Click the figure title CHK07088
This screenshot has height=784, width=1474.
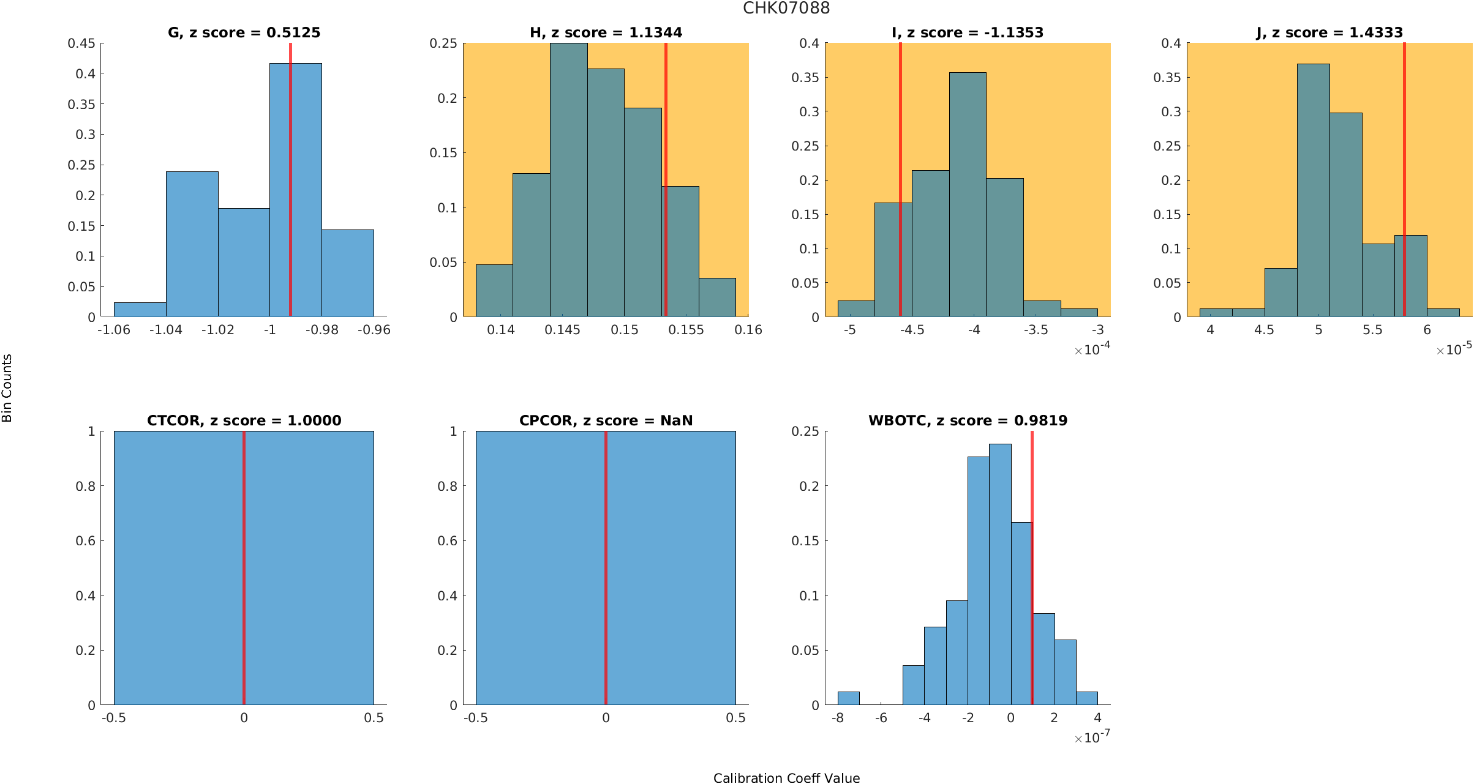point(786,9)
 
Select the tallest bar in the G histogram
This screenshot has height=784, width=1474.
point(295,190)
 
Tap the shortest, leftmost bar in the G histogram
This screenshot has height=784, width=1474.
point(140,310)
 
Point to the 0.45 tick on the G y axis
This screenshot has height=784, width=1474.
point(81,43)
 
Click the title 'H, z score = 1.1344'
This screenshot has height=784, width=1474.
point(606,32)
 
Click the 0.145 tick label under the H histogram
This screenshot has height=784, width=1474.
point(562,330)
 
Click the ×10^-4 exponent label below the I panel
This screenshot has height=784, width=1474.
point(1092,349)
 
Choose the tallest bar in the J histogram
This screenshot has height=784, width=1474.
point(1313,190)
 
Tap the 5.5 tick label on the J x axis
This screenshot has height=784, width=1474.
point(1372,330)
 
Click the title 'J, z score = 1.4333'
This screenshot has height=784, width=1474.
point(1329,32)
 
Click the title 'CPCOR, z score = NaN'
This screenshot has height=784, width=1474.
point(606,420)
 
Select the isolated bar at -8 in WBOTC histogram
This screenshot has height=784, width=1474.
point(848,698)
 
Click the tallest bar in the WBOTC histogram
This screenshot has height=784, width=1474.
point(1000,575)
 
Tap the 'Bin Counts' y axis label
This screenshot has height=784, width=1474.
point(7,388)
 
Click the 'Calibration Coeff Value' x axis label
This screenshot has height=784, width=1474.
point(786,777)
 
